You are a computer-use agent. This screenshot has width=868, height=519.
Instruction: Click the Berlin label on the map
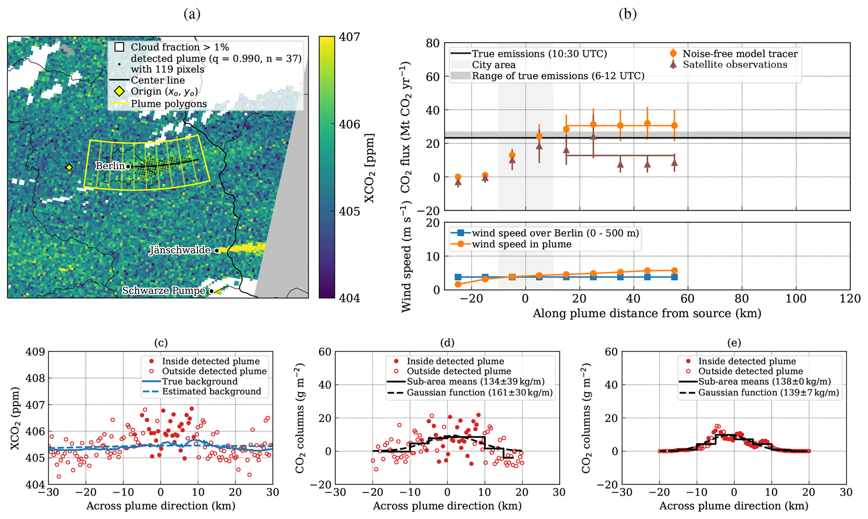pos(110,166)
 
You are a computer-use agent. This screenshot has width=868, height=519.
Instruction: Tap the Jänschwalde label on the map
pos(180,250)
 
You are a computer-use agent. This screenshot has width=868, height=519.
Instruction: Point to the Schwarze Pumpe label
pos(164,291)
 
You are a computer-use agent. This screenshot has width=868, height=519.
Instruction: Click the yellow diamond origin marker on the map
pos(69,168)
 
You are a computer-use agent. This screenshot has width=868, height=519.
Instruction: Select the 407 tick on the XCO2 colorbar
pos(349,37)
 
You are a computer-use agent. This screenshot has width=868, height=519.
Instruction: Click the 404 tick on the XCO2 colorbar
pos(349,298)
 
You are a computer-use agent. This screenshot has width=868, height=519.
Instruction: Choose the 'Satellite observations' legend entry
pos(734,65)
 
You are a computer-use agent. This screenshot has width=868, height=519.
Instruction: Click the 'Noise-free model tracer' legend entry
pos(740,54)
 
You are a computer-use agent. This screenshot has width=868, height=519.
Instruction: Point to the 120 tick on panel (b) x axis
pos(850,299)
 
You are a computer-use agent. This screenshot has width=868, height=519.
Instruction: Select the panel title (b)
pos(627,14)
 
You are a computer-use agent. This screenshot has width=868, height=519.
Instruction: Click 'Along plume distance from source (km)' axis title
pos(647,314)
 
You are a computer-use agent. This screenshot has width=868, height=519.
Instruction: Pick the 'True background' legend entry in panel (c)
pos(200,381)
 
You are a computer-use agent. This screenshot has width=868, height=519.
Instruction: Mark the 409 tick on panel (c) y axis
pos(34,351)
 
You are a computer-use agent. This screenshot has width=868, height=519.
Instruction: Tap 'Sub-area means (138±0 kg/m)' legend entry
pos(764,382)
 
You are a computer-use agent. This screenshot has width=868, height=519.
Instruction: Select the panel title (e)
pos(734,343)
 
